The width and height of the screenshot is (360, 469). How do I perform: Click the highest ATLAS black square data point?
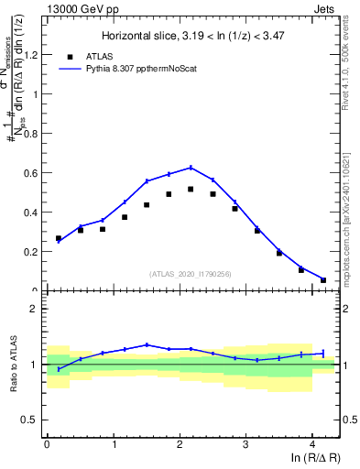tap(191, 190)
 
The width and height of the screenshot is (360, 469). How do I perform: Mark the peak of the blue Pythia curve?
tap(191, 168)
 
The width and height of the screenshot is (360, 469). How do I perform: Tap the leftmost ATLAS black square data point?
tap(59, 238)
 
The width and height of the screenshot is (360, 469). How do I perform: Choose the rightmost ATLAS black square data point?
tap(323, 279)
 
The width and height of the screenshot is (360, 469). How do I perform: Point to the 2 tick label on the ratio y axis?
tap(36, 309)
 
